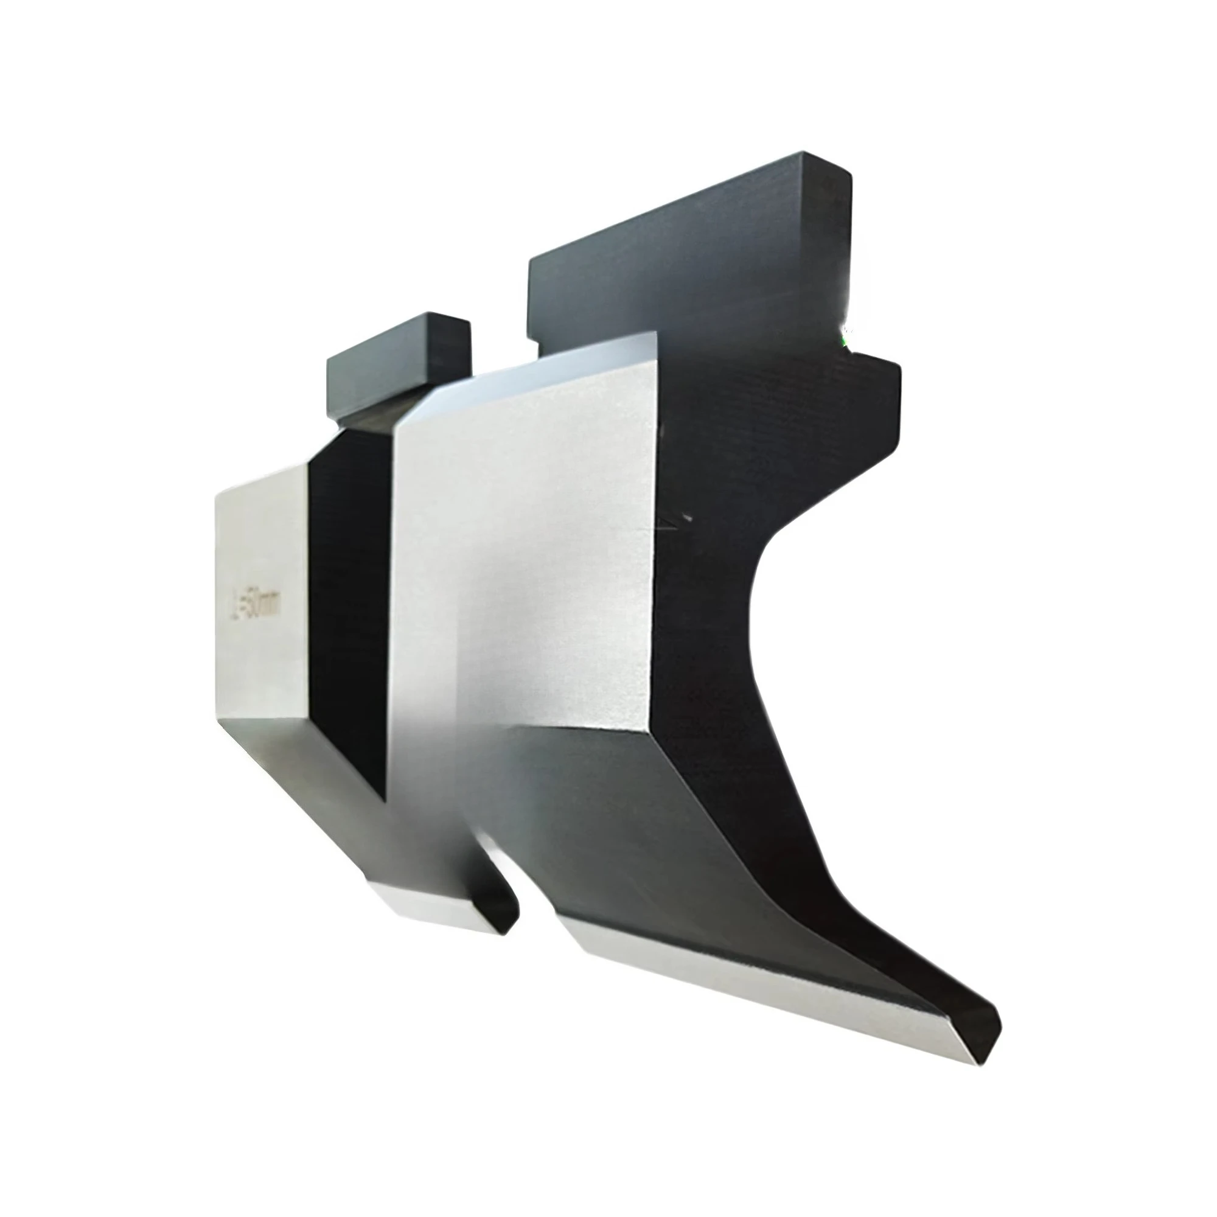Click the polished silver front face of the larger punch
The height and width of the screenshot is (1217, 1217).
(x=523, y=567)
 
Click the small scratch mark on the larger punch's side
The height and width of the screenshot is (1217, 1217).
(x=677, y=519)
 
